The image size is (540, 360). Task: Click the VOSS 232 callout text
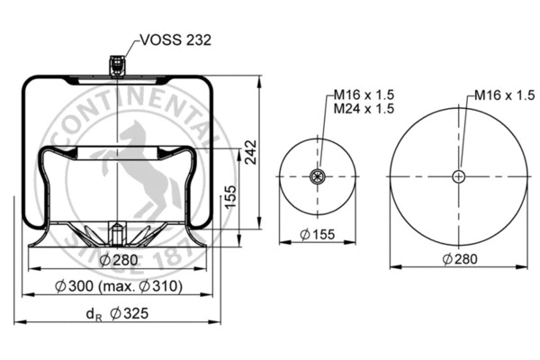coord(175,41)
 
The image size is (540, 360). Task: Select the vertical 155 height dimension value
coord(230,194)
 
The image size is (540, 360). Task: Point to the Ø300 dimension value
coord(85,287)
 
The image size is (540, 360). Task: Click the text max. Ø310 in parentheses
coord(147,287)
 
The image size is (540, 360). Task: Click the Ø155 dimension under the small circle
coord(317,235)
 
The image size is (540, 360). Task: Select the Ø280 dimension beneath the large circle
coord(459,261)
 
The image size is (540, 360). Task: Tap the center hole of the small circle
coord(316,175)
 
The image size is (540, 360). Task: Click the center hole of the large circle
coord(459,175)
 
